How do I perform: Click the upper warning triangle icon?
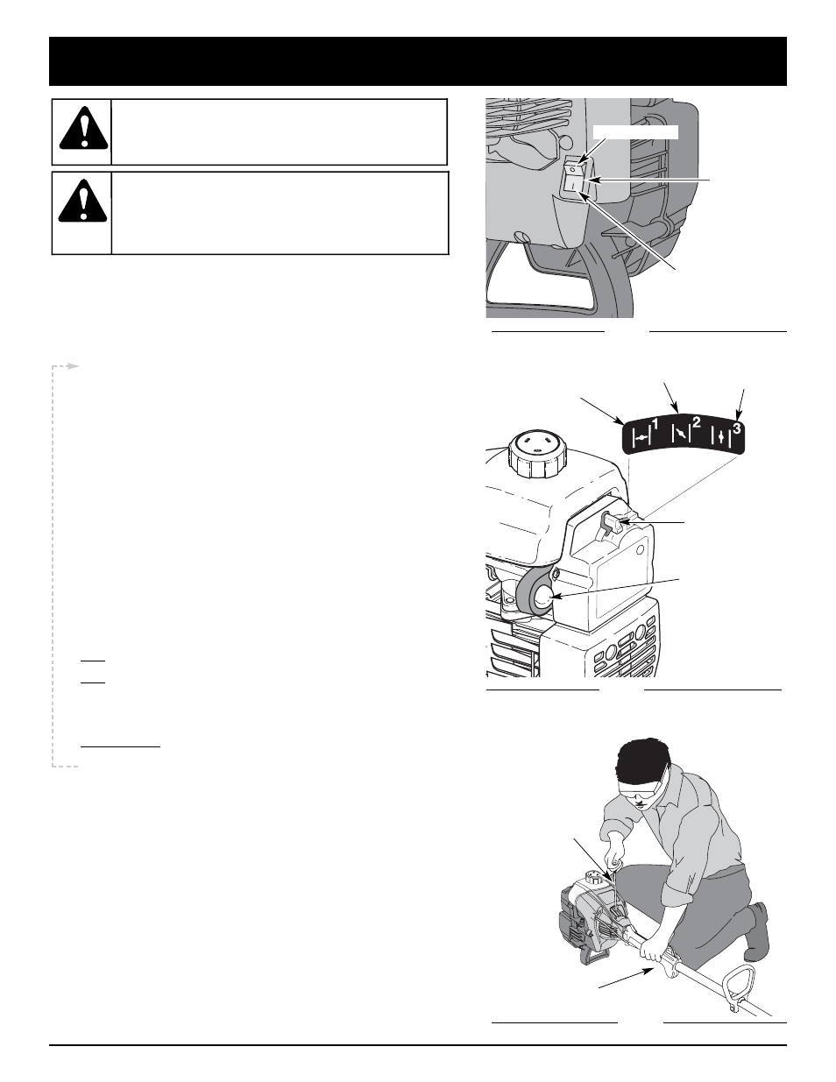83,128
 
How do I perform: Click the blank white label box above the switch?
635,132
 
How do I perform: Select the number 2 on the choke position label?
696,423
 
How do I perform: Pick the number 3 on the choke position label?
736,428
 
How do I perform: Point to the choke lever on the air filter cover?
613,524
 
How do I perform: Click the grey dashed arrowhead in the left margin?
74,366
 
